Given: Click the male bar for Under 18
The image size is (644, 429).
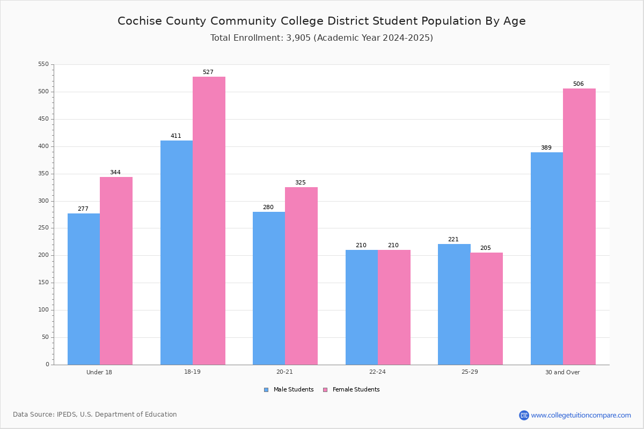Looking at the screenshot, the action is (84, 289).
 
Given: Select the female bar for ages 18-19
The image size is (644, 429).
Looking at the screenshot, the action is (209, 221).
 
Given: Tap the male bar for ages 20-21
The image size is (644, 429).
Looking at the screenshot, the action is (269, 289).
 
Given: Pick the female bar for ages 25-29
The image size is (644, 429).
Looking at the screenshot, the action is (486, 309).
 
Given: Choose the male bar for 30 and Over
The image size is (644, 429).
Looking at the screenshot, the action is (547, 258).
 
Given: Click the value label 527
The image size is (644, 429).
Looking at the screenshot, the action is (208, 72).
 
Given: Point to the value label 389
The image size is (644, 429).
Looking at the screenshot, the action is (546, 147).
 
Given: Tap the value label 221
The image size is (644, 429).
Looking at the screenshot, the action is (453, 239).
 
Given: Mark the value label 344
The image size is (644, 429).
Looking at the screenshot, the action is (115, 173).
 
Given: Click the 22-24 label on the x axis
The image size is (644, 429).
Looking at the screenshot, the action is (377, 372).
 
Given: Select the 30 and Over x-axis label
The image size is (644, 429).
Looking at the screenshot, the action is (562, 372).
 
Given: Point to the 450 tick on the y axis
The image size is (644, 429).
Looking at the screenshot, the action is (43, 119).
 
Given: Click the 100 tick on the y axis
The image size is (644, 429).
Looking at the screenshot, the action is (43, 310).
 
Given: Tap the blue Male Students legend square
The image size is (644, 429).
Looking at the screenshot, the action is (266, 390).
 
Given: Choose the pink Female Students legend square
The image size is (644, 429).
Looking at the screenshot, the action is (325, 390).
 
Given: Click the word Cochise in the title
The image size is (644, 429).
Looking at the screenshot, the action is (140, 21).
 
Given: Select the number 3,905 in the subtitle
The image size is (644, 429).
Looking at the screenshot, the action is (298, 38).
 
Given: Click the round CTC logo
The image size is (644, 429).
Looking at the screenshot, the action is (524, 415).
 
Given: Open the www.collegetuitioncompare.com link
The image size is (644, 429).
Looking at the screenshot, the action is (581, 415).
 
